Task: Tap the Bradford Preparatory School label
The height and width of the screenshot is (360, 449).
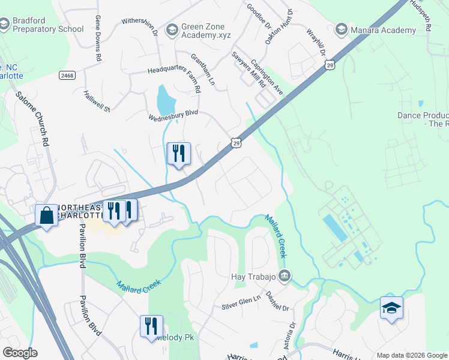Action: point(48,25)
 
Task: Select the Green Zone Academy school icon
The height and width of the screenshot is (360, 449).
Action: point(172,28)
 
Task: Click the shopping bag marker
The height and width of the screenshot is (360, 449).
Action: point(47,215)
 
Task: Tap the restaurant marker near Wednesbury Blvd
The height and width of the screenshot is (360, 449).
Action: point(178,153)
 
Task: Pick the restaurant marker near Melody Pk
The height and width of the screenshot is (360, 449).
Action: point(152,326)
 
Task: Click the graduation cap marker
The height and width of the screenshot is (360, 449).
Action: point(391,308)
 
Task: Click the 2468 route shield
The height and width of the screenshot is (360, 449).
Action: point(67,75)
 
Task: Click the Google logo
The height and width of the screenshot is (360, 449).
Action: point(20,353)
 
